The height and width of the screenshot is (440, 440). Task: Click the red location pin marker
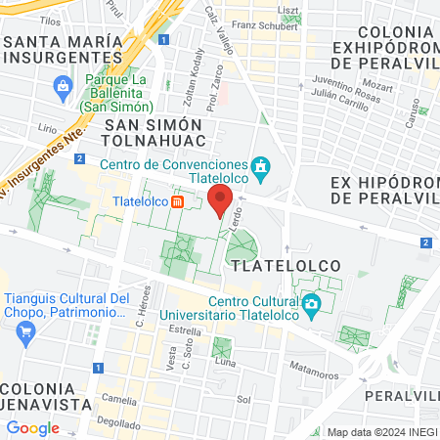(x=219, y=202)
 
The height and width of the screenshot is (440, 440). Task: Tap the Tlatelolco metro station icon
(x=178, y=202)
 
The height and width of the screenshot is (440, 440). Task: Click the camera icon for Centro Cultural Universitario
(x=311, y=304)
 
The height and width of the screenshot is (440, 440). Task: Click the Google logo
(x=32, y=428)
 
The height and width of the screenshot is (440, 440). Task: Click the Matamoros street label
(x=313, y=368)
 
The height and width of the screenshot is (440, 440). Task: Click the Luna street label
(x=226, y=363)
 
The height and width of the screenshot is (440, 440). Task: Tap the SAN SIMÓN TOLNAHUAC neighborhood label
(x=153, y=134)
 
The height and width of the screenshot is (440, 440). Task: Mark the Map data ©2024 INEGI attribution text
(x=380, y=431)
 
